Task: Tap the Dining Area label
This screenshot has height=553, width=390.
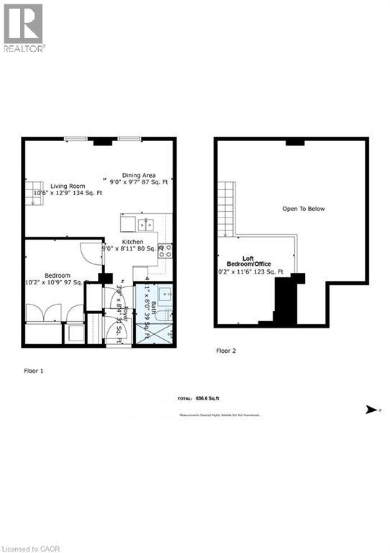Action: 139,174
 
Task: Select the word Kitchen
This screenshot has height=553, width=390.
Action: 132,242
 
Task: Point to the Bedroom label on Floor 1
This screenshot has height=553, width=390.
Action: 58,276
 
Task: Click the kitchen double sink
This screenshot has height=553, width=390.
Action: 146,223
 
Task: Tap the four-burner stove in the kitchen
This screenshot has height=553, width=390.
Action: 165,251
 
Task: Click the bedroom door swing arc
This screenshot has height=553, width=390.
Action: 87,252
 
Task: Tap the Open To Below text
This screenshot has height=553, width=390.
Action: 303,209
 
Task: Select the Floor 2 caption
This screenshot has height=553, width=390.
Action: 226,351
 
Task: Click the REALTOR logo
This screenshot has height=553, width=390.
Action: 24,27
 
